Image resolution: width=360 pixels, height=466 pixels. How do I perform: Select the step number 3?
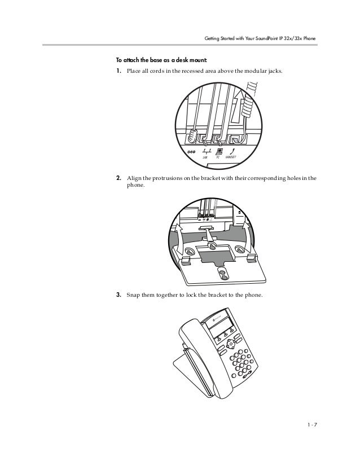[118, 294]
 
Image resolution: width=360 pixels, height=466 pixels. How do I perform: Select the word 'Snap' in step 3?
[133, 294]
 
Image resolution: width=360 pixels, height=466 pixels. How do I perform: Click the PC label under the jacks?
[218, 157]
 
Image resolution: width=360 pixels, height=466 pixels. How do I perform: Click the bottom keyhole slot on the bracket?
[223, 275]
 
